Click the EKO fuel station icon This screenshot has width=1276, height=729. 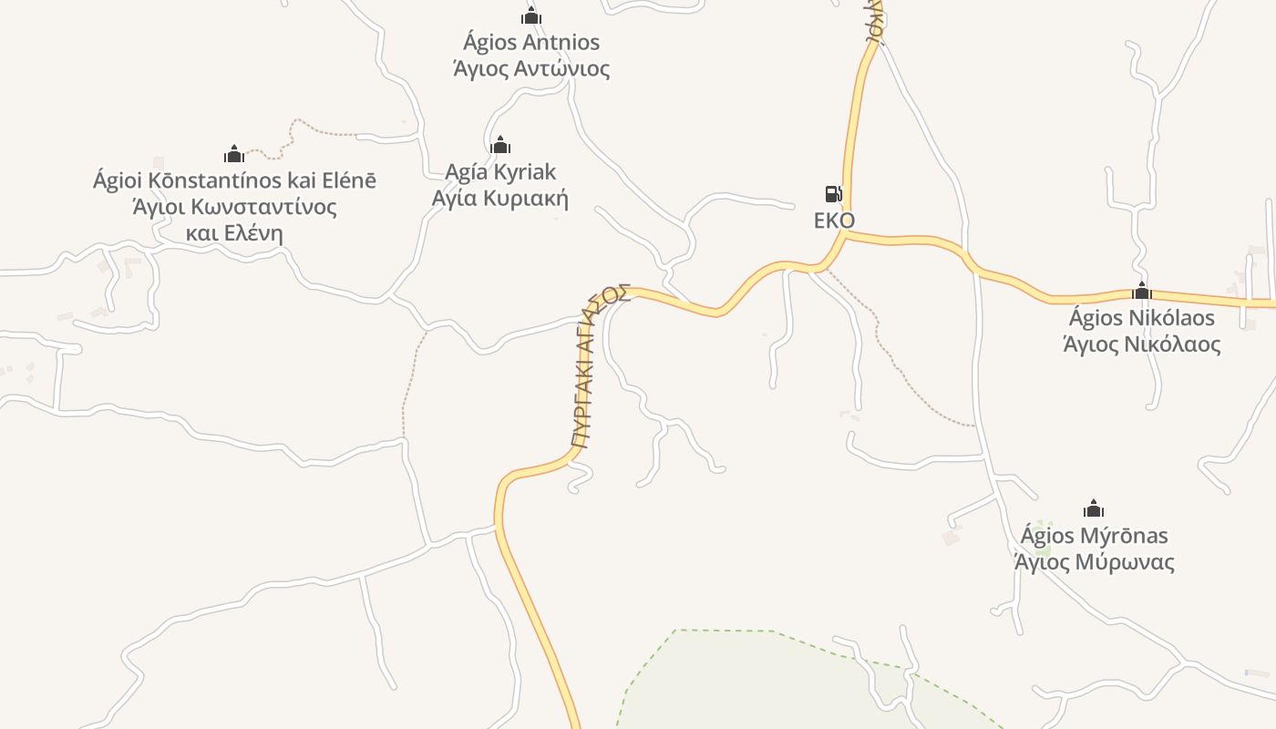[833, 193]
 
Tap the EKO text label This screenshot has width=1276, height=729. [834, 221]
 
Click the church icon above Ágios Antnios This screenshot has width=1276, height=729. [531, 15]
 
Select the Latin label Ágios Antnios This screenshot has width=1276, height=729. [531, 42]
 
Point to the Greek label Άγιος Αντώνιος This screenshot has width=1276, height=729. [531, 68]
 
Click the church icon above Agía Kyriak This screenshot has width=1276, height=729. [500, 145]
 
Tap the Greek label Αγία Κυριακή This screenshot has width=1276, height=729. [499, 199]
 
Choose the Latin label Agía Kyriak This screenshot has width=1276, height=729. [499, 171]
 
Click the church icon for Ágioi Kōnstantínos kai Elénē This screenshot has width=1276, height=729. [234, 154]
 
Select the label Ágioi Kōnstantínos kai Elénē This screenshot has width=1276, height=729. [234, 180]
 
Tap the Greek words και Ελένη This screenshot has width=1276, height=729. [234, 233]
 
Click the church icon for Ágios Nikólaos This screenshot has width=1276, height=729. [1141, 292]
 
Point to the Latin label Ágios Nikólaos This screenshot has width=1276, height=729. [1141, 318]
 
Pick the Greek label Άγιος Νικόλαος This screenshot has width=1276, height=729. [1141, 344]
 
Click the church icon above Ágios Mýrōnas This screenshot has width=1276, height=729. [1094, 508]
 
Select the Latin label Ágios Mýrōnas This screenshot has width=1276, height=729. [1094, 535]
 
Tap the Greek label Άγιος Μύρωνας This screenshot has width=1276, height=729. [1094, 562]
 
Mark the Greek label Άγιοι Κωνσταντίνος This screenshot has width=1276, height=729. [234, 207]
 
